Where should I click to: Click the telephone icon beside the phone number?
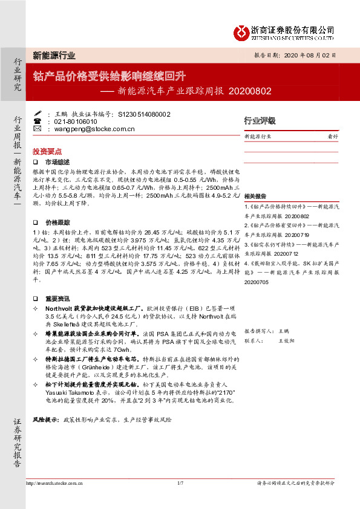(x=37, y=121)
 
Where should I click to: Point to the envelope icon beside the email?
(x=37, y=129)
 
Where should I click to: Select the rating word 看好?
(x=332, y=137)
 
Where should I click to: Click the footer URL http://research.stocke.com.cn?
(x=55, y=483)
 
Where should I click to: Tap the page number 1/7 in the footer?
(x=180, y=483)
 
